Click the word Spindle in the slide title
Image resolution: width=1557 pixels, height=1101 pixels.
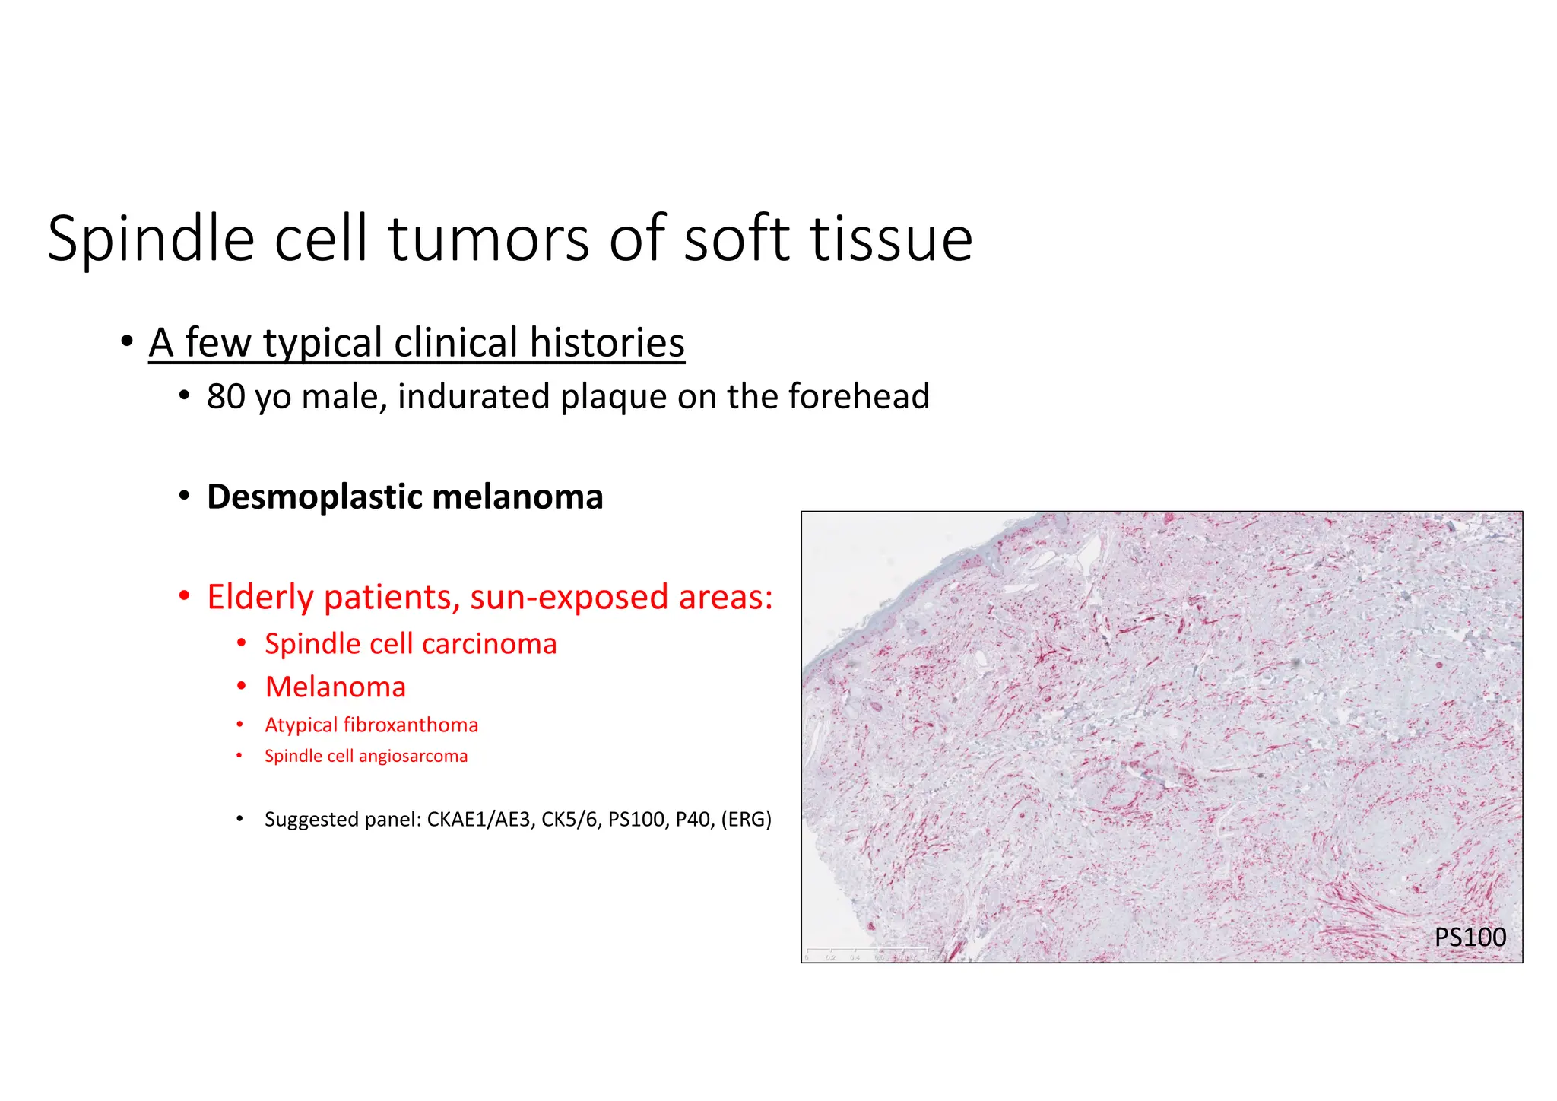click(151, 240)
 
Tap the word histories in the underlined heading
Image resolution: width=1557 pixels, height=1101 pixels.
click(607, 343)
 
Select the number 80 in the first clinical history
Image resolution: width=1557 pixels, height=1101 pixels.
click(225, 397)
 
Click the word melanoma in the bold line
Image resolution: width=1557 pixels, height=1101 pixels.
click(517, 497)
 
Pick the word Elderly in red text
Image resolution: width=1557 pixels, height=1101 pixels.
click(260, 598)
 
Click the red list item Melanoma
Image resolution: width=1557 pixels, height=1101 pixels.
click(335, 687)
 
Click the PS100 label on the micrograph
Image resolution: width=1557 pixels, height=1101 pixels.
click(1470, 938)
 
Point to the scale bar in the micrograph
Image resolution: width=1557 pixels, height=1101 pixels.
click(867, 952)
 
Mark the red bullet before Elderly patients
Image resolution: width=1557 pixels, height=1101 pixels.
click(184, 597)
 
